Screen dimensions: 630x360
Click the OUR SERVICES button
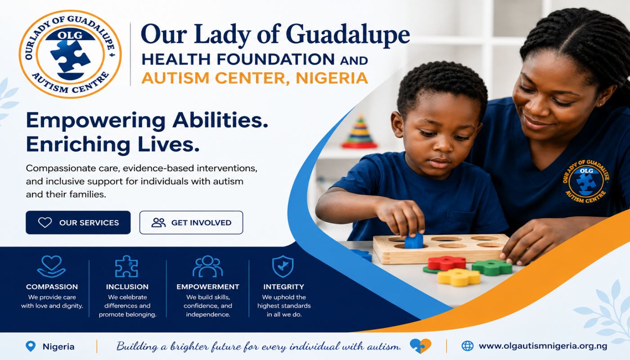[78, 222]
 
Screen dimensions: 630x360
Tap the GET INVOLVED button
[191, 222]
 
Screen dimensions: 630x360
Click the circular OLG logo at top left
[70, 54]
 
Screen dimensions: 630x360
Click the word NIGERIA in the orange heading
[332, 78]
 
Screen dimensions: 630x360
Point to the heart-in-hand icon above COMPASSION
[51, 266]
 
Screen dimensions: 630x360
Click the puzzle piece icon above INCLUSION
[126, 266]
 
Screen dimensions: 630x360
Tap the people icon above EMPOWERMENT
[207, 266]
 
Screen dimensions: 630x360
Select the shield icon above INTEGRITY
[283, 266]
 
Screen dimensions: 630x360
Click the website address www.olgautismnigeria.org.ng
[543, 346]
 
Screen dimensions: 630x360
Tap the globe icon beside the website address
[468, 346]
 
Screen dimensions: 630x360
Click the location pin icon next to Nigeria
[31, 346]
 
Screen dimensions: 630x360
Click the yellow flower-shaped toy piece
[459, 277]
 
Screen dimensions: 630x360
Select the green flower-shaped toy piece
[492, 267]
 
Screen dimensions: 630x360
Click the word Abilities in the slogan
[220, 121]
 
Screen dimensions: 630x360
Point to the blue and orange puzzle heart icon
[420, 346]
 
